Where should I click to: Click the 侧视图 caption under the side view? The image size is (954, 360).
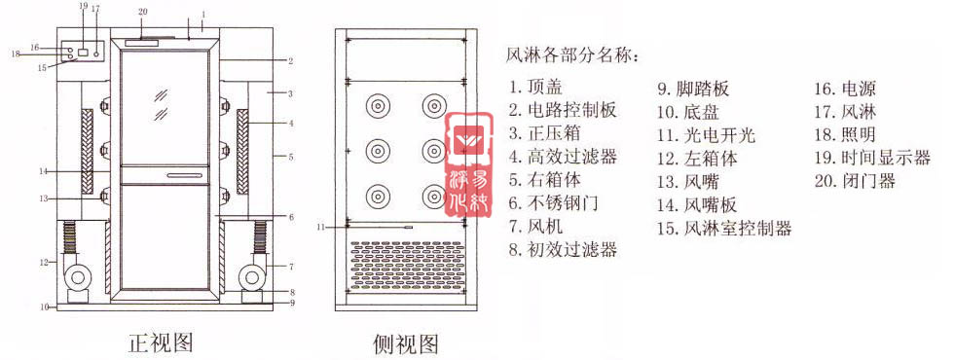405,343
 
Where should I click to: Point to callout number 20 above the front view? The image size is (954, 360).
143,12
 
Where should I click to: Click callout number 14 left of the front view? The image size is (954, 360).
43,172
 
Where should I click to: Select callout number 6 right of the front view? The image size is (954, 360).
291,216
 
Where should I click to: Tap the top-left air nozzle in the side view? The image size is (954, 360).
375,105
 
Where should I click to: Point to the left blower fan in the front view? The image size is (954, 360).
76,278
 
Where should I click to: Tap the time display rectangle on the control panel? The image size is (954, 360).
84,51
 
